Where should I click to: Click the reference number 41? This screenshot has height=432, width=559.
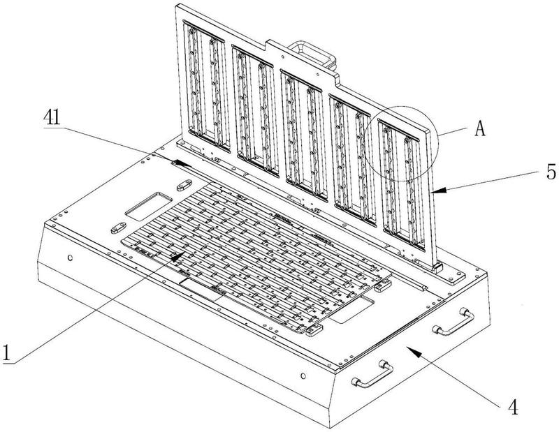52,117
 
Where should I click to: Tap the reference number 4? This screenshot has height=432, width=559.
514,406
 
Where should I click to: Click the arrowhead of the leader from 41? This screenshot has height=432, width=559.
184,163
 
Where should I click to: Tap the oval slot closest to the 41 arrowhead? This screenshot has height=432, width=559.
183,184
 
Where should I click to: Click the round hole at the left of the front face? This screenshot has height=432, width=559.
70,257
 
